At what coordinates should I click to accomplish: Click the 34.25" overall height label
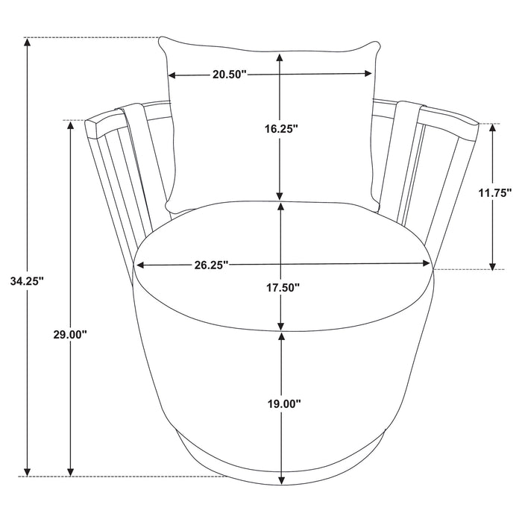pos(27,282)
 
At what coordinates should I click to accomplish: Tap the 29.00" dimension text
pos(70,334)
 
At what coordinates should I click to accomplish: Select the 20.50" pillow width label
pos(230,75)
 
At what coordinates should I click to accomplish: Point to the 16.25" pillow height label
pos(281,129)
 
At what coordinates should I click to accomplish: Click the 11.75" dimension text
pos(495,192)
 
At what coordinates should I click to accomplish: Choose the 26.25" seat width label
pos(211,265)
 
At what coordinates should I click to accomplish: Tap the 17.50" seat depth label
pos(283,287)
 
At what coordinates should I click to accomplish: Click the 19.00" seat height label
pos(284,404)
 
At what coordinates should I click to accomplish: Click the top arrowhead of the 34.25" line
pos(28,43)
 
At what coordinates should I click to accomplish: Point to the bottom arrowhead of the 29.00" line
pos(70,471)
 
